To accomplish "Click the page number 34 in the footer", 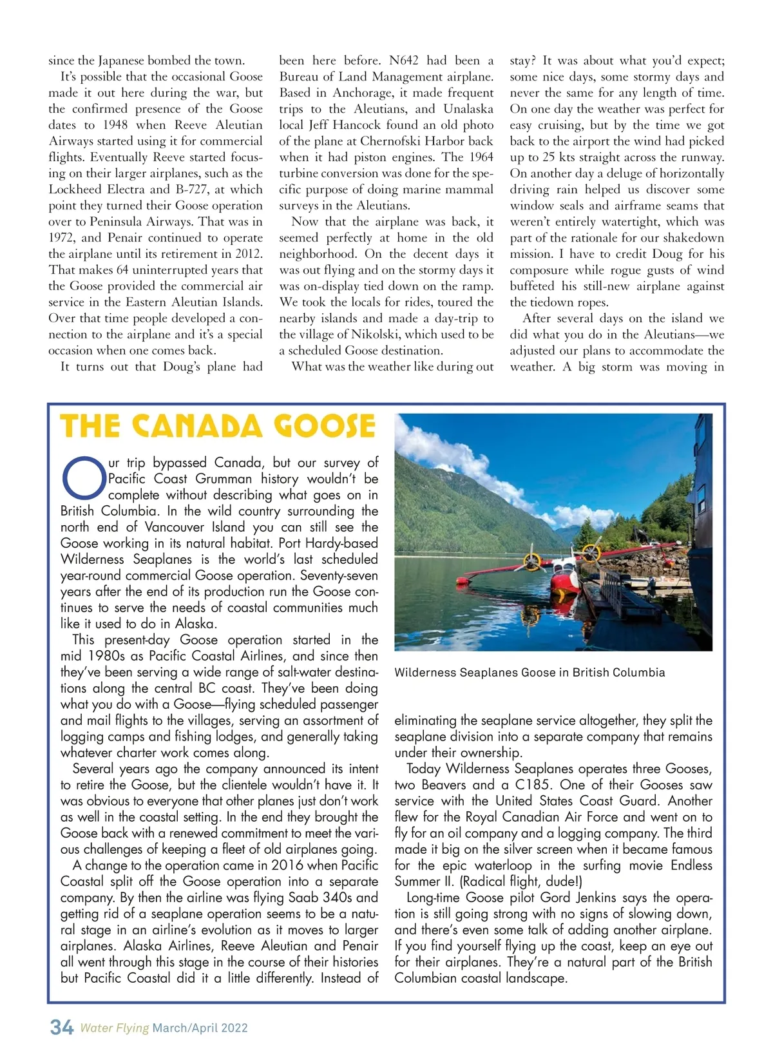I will pyautogui.click(x=62, y=1027).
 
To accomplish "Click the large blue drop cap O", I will pyautogui.click(x=83, y=478).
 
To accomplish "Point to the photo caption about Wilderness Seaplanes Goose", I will pyautogui.click(x=530, y=672).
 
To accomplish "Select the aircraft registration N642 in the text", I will pyautogui.click(x=403, y=61).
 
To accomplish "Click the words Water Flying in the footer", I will pyautogui.click(x=114, y=1028).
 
